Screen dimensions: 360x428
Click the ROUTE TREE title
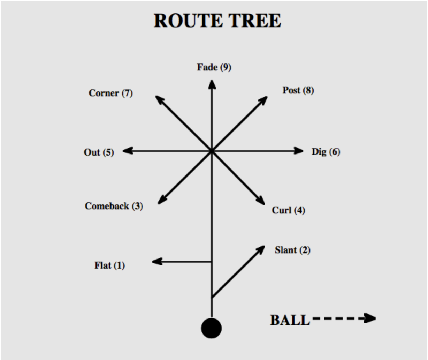point(217,21)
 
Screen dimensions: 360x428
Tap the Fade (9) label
point(214,67)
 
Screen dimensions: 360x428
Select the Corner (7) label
point(111,93)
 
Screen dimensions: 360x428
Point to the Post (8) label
point(298,90)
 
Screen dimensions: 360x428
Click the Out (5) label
point(99,152)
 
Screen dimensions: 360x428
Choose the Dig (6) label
point(326,152)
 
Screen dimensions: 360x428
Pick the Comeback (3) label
point(114,206)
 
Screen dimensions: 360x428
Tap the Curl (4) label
point(288,210)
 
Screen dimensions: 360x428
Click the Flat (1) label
point(109,265)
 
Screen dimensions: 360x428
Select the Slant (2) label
point(292,250)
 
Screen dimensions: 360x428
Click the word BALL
point(290,320)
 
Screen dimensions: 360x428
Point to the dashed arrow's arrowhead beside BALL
point(370,318)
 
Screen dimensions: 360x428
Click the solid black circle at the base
point(211,328)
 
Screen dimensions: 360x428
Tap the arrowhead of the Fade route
point(212,84)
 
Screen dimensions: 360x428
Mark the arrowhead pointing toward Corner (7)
point(159,99)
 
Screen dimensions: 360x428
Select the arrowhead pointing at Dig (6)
point(299,151)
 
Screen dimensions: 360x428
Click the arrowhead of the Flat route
point(156,261)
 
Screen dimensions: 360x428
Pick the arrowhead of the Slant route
point(261,249)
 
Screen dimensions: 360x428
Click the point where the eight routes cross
point(212,151)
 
